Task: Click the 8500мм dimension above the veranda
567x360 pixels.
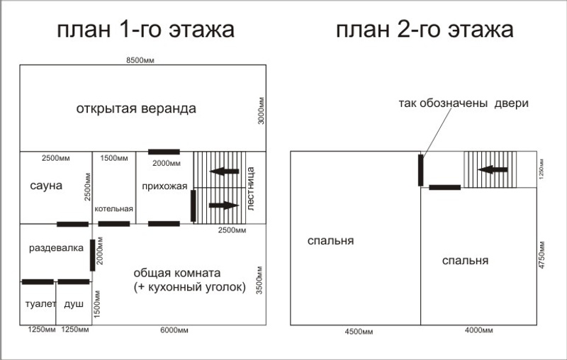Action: pos(140,60)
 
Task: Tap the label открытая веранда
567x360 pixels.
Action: pos(136,108)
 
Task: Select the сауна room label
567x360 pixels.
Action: pos(46,186)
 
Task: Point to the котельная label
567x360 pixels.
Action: pos(114,209)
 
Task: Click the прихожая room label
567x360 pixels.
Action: pos(164,186)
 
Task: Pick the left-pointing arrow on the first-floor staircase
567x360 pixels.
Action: pos(224,171)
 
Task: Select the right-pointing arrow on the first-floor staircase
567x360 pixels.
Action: pos(224,206)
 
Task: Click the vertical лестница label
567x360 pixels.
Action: pos(250,188)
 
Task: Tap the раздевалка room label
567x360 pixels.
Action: pos(56,248)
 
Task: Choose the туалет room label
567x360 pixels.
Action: pos(40,304)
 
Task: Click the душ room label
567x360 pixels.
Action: pos(74,304)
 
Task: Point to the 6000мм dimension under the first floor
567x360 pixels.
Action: pos(174,330)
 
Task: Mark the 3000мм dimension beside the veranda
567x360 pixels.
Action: pos(261,111)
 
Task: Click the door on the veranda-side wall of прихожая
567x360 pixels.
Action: pos(164,152)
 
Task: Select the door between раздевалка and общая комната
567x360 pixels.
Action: pos(93,255)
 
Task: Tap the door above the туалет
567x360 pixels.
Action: pos(38,282)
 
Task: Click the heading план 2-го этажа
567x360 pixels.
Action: pos(425,30)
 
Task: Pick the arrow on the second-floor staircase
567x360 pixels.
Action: pos(493,169)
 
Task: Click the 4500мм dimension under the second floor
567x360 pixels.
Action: pos(359,332)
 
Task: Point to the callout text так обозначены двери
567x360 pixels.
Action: pos(464,103)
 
